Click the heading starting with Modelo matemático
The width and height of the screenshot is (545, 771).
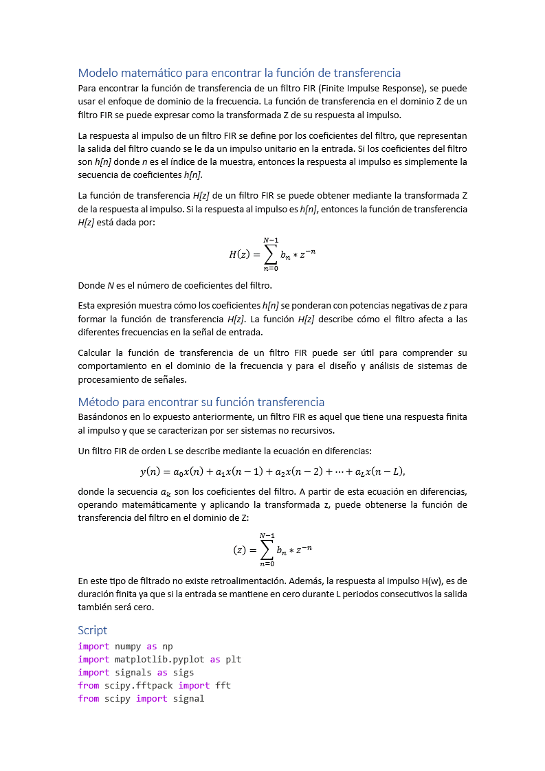(x=239, y=73)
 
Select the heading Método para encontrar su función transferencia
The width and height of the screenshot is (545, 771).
(x=201, y=402)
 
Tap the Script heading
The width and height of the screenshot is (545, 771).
(x=93, y=630)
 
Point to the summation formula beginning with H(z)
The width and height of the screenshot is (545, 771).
(x=272, y=254)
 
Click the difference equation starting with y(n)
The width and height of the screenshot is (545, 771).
(x=272, y=471)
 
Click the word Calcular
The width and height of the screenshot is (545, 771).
(x=97, y=353)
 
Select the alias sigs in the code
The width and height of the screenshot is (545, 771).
(x=183, y=673)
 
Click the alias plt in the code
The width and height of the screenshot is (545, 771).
(x=234, y=660)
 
